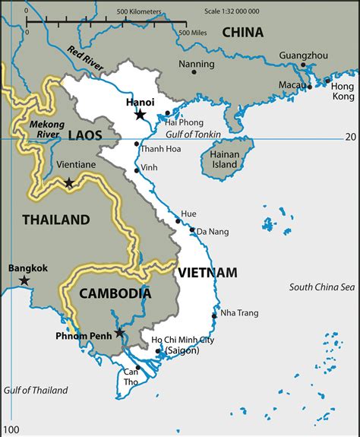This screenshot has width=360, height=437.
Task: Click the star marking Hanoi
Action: [x=141, y=114]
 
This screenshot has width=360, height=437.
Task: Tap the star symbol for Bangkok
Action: [x=24, y=280]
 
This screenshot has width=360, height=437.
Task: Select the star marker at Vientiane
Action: [x=69, y=182]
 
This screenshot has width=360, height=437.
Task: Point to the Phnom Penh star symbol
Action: [x=120, y=333]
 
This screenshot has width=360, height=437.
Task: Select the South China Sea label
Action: [x=321, y=287]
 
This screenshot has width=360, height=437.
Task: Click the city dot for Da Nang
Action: [x=192, y=230]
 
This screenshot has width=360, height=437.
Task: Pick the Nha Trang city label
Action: [x=240, y=313]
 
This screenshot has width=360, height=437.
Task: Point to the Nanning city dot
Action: [x=194, y=73]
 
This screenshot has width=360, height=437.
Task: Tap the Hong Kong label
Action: [x=343, y=91]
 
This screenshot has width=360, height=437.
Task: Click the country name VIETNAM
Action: [x=207, y=272]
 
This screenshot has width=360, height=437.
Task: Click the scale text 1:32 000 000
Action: [x=317, y=13]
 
